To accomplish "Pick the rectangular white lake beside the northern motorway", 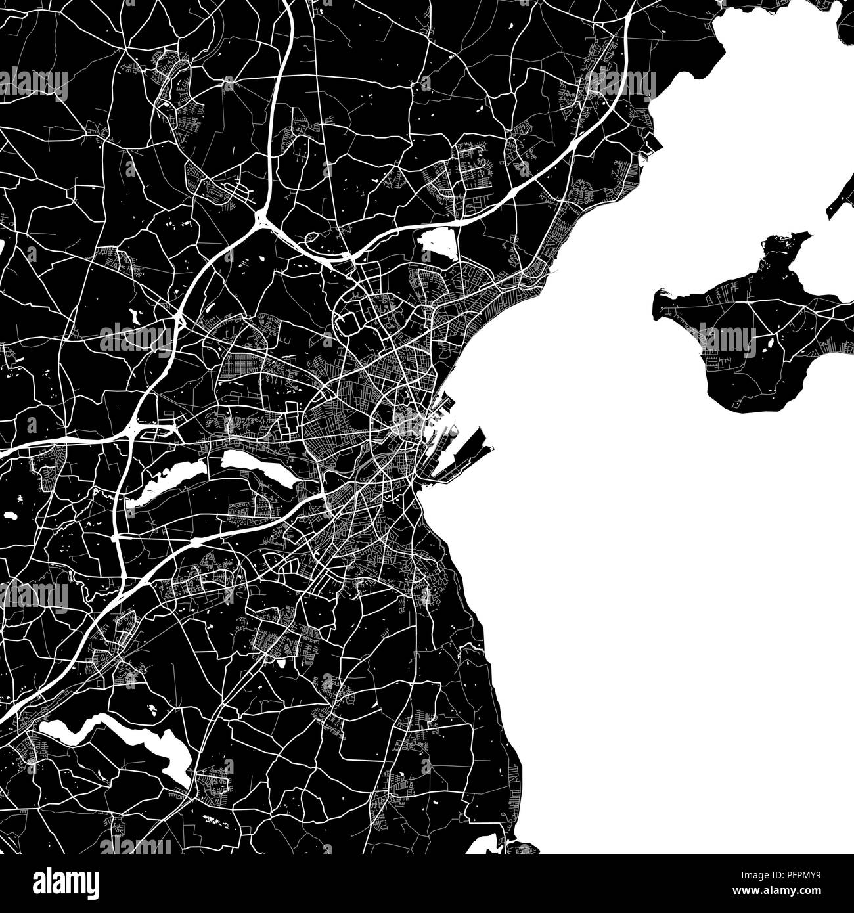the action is (436, 240).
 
